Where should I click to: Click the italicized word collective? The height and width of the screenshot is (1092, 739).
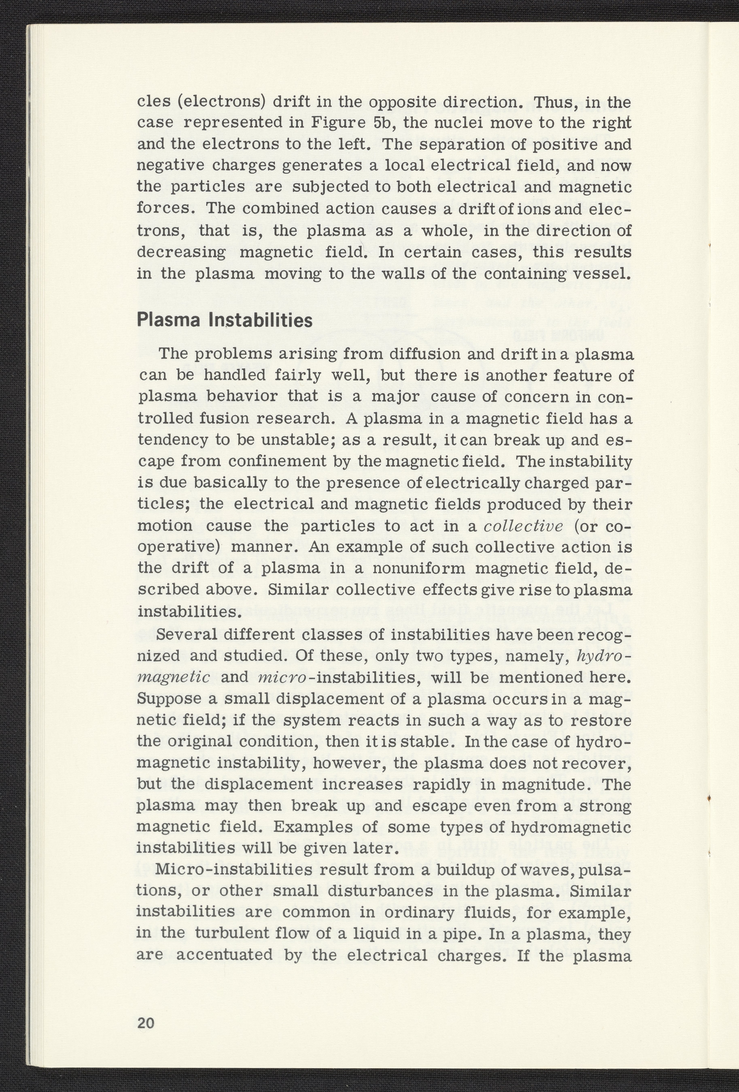[x=523, y=526]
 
